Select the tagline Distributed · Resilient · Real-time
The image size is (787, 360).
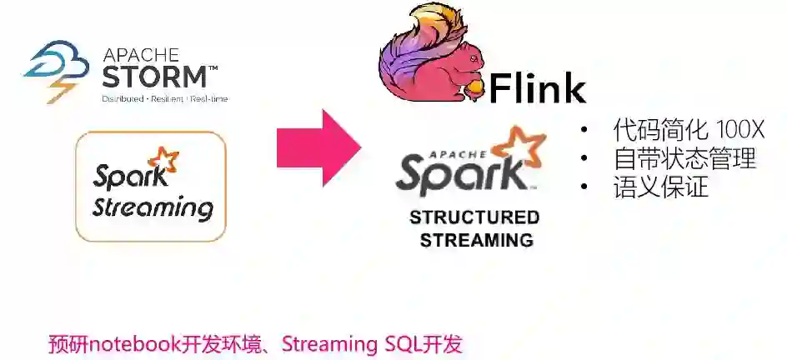164,98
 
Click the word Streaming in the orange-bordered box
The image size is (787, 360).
153,207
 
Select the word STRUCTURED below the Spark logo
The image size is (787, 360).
474,218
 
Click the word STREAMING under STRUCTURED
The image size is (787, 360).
476,240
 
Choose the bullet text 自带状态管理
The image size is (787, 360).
684,158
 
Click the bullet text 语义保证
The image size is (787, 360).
660,186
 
